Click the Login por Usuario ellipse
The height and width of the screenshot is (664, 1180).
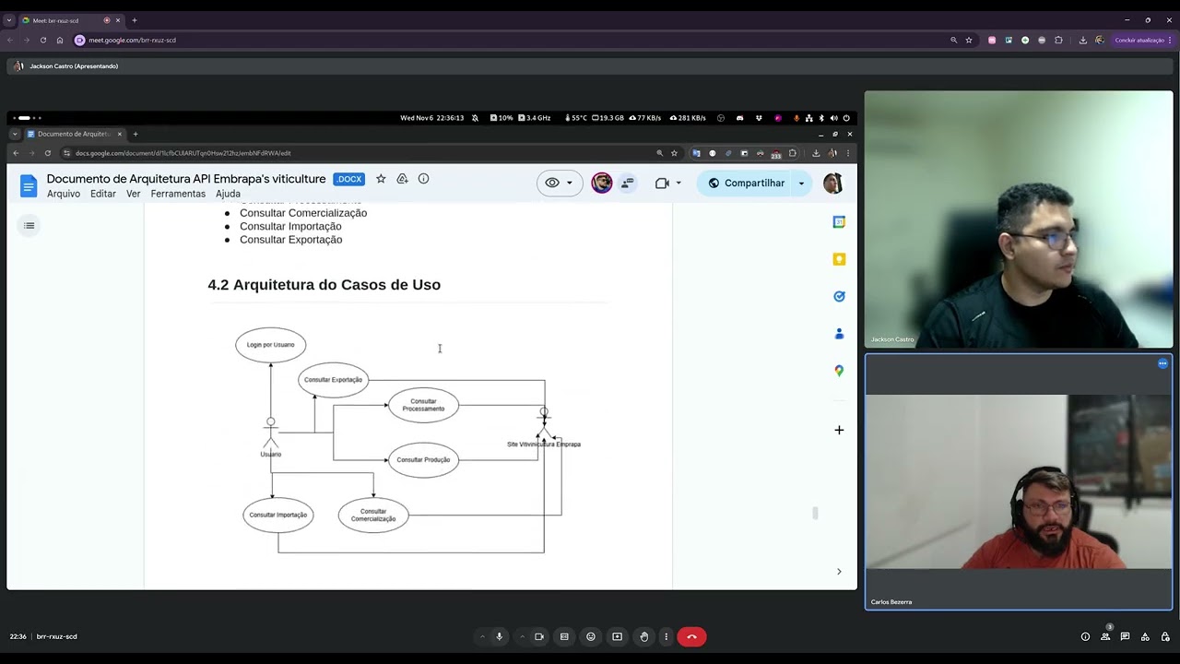[x=270, y=345]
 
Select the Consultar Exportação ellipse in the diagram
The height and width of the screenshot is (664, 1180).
[x=333, y=380]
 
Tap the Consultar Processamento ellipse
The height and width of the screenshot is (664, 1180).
[x=423, y=405]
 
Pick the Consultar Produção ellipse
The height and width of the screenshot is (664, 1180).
[x=423, y=459]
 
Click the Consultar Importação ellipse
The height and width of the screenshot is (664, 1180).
[x=277, y=515]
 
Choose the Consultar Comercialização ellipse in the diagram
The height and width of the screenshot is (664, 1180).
[x=372, y=515]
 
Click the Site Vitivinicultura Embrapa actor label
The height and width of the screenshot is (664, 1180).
[x=544, y=445]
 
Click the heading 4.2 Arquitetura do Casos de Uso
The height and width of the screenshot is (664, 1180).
[x=324, y=285]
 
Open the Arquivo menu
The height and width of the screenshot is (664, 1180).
[x=64, y=194]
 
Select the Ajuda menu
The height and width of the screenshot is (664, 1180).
[x=228, y=194]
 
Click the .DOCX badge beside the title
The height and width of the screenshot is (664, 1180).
[x=348, y=179]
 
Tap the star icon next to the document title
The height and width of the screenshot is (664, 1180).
[x=381, y=179]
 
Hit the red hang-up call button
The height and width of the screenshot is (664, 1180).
[x=691, y=636]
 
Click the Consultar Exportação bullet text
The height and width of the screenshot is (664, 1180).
[x=290, y=240]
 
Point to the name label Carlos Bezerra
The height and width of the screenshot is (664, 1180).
[x=891, y=602]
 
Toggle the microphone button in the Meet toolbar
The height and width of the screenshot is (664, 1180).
[x=500, y=636]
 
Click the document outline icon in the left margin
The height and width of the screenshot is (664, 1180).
[x=29, y=226]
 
